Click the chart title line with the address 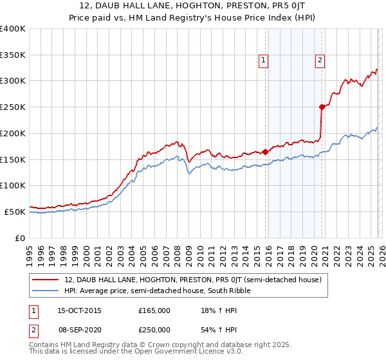(x=193, y=6)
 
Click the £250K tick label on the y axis (x=13, y=107)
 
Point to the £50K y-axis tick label (x=15, y=212)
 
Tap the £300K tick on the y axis (x=13, y=81)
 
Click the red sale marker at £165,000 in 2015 (x=265, y=152)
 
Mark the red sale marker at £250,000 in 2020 (x=321, y=107)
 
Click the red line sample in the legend (x=46, y=280)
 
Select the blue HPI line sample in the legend (x=46, y=291)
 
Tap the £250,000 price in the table (x=154, y=329)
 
